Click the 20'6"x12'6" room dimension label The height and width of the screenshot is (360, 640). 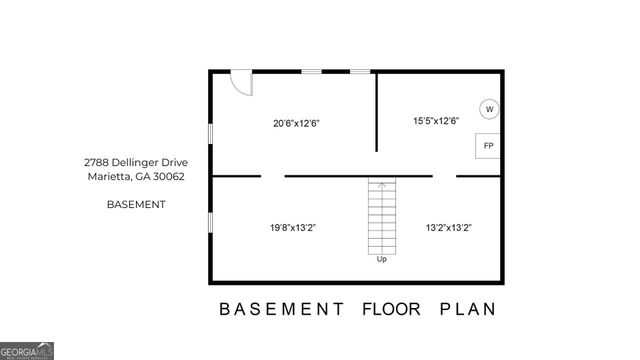296,124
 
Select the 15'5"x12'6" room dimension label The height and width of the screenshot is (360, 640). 436,121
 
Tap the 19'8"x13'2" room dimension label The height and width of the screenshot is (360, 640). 293,227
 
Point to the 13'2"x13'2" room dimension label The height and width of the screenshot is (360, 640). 449,227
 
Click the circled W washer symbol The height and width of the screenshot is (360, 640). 489,109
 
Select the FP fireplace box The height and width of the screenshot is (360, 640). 488,146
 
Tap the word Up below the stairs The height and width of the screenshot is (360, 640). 381,259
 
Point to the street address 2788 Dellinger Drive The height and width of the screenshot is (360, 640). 135,162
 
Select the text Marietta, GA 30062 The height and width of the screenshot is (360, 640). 135,177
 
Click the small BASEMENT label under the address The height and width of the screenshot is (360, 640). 135,204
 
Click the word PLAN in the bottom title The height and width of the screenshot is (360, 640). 468,308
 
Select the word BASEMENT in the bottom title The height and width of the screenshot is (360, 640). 282,308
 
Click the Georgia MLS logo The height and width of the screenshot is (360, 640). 27,351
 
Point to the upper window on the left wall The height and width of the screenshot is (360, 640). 210,132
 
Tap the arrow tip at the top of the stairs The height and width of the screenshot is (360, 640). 381,182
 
